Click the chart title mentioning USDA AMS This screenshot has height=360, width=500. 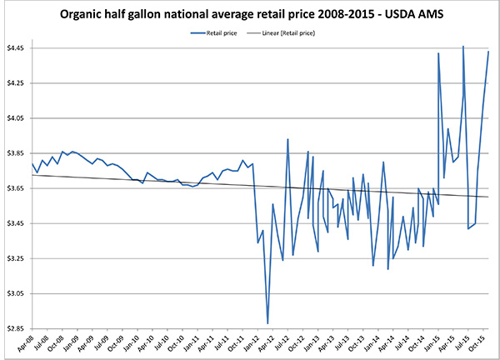[x=250, y=15]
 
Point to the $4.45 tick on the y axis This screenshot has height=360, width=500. [x=17, y=48]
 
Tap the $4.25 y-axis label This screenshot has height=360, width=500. [x=17, y=83]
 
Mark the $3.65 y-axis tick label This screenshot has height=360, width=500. [x=17, y=188]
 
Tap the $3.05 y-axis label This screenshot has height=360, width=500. [x=17, y=293]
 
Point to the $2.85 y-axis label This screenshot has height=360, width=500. [x=17, y=328]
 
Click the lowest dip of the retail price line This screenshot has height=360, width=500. [x=267, y=323]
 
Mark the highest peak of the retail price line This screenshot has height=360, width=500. [x=462, y=46]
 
